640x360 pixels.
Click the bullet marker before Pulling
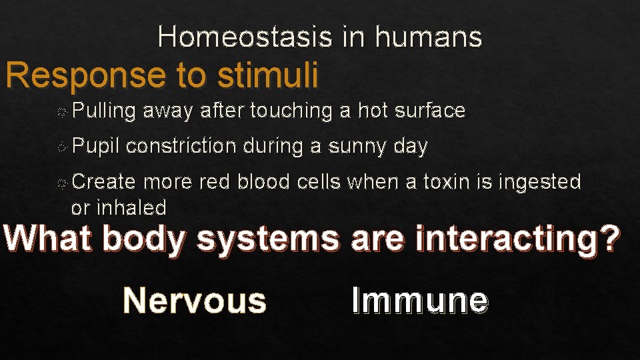[61, 111]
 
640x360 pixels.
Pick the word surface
[430, 111]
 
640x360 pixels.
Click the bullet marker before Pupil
[61, 147]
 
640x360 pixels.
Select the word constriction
[181, 146]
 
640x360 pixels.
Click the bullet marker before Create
[61, 182]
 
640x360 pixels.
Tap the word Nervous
[195, 300]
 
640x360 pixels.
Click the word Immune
[420, 300]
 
